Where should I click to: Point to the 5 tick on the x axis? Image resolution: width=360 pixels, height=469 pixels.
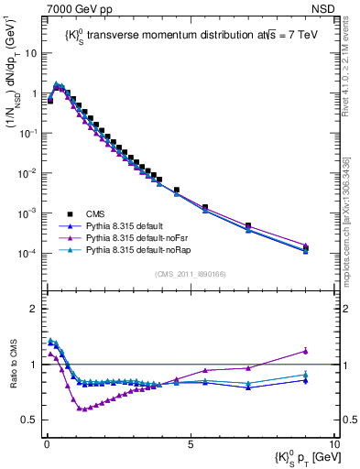coord(190,442)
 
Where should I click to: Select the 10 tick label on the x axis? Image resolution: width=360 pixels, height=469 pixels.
coord(333,442)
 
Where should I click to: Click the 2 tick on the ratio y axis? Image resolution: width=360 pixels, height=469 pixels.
coord(37,309)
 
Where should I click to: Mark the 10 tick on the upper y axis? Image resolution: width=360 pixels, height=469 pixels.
coord(32,53)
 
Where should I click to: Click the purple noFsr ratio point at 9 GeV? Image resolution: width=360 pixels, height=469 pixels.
coord(305,351)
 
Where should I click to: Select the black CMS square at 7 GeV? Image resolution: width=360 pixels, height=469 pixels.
coord(247,225)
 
